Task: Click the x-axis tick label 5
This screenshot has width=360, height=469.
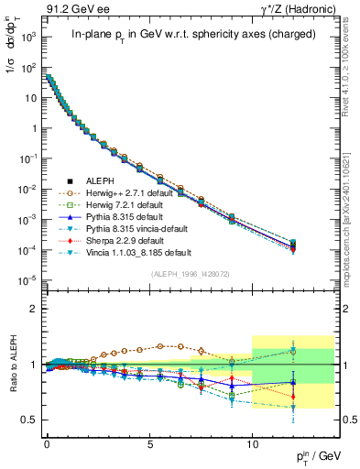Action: [x=149, y=441]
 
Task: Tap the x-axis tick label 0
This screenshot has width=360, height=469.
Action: [x=47, y=441]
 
